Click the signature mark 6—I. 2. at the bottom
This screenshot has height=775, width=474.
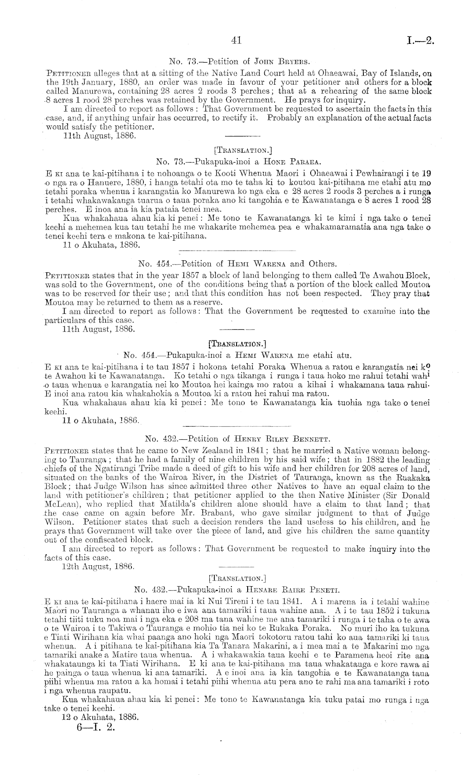pyautogui.click(x=96, y=727)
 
